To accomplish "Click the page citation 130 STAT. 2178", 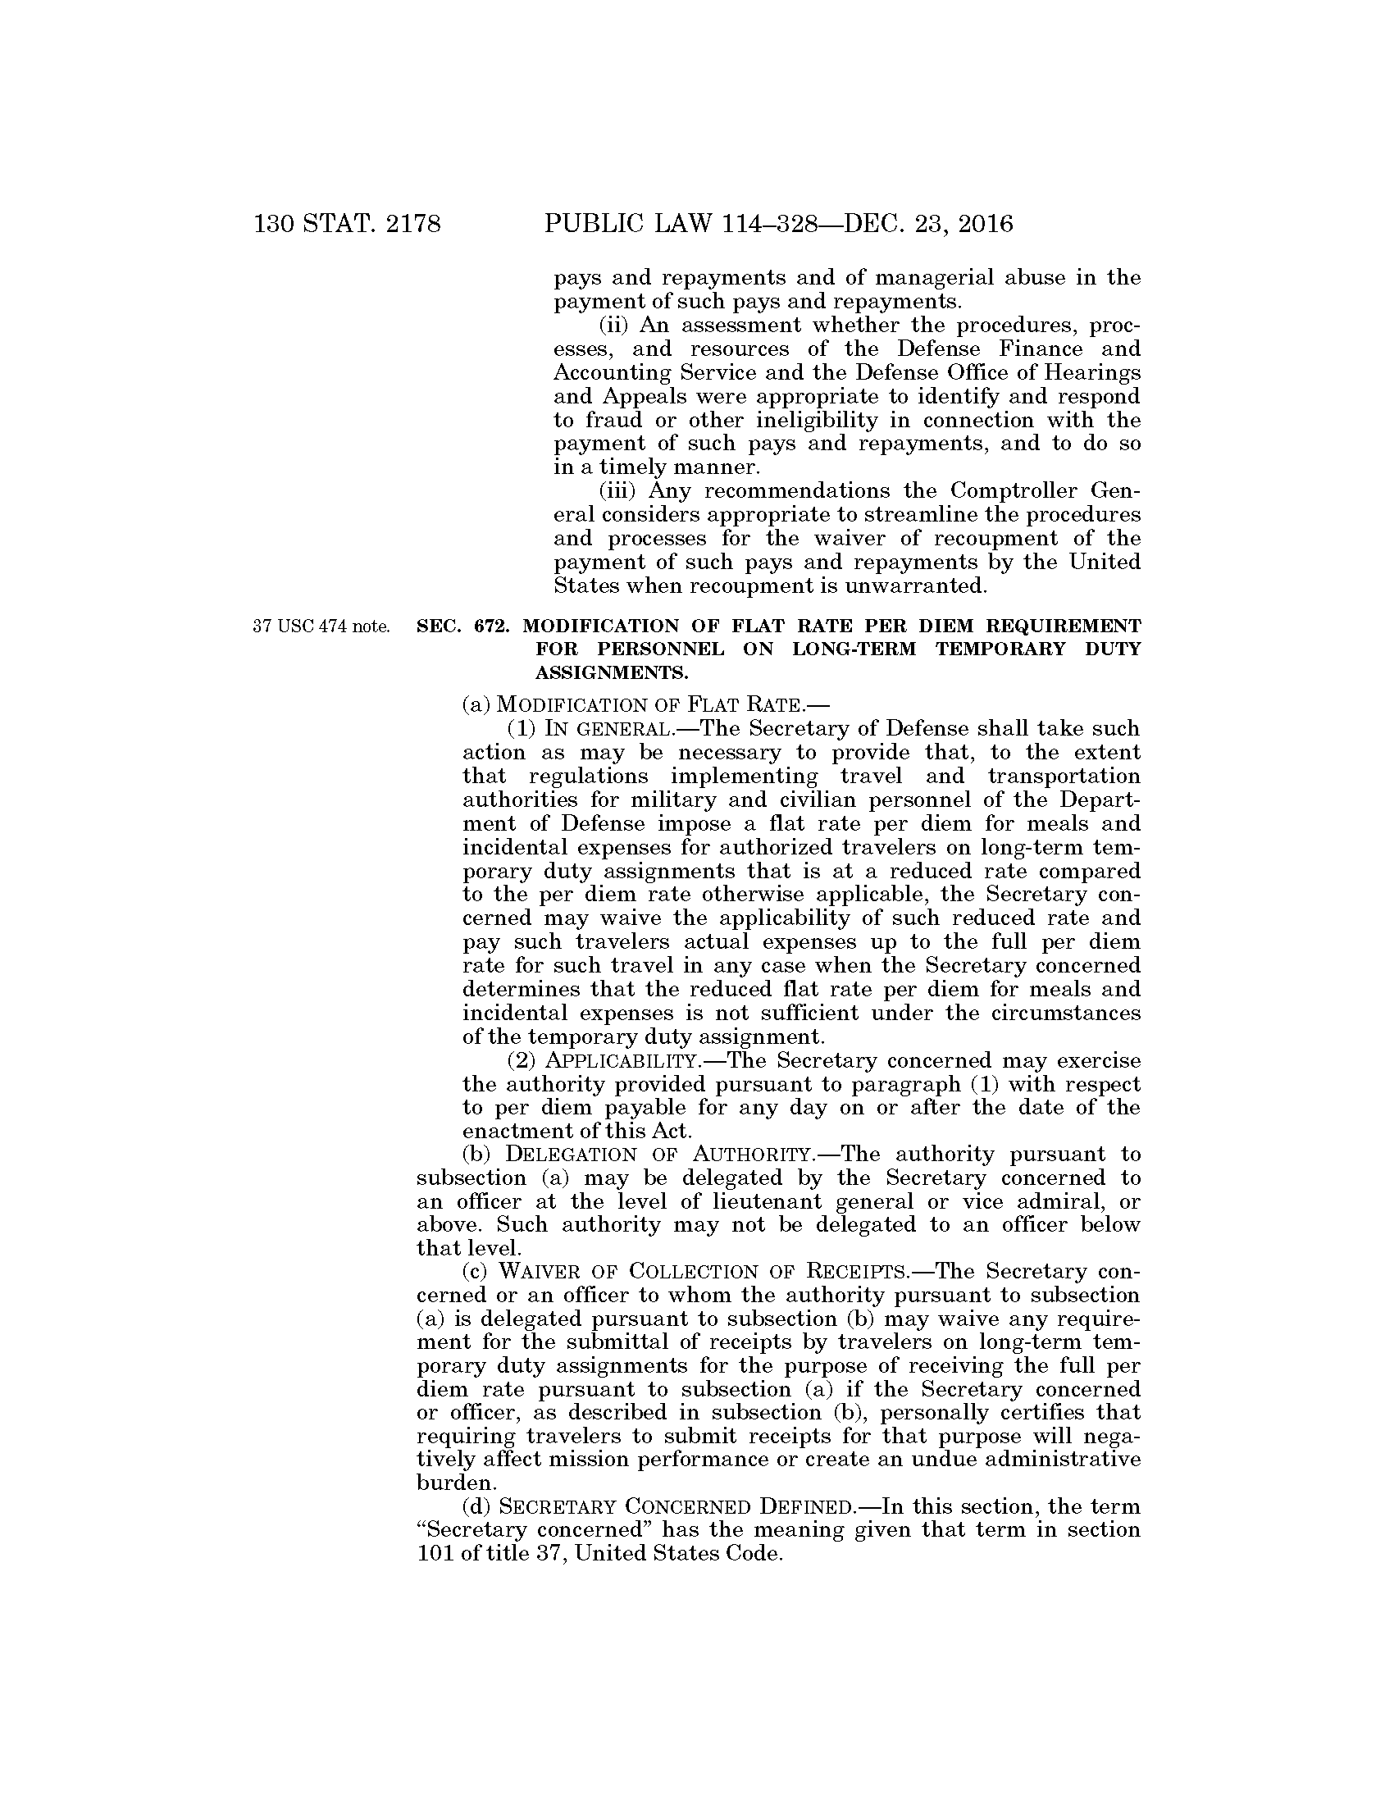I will coord(348,224).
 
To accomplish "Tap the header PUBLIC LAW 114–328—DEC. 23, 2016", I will coord(778,224).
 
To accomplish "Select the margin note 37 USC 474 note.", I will coord(321,626).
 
